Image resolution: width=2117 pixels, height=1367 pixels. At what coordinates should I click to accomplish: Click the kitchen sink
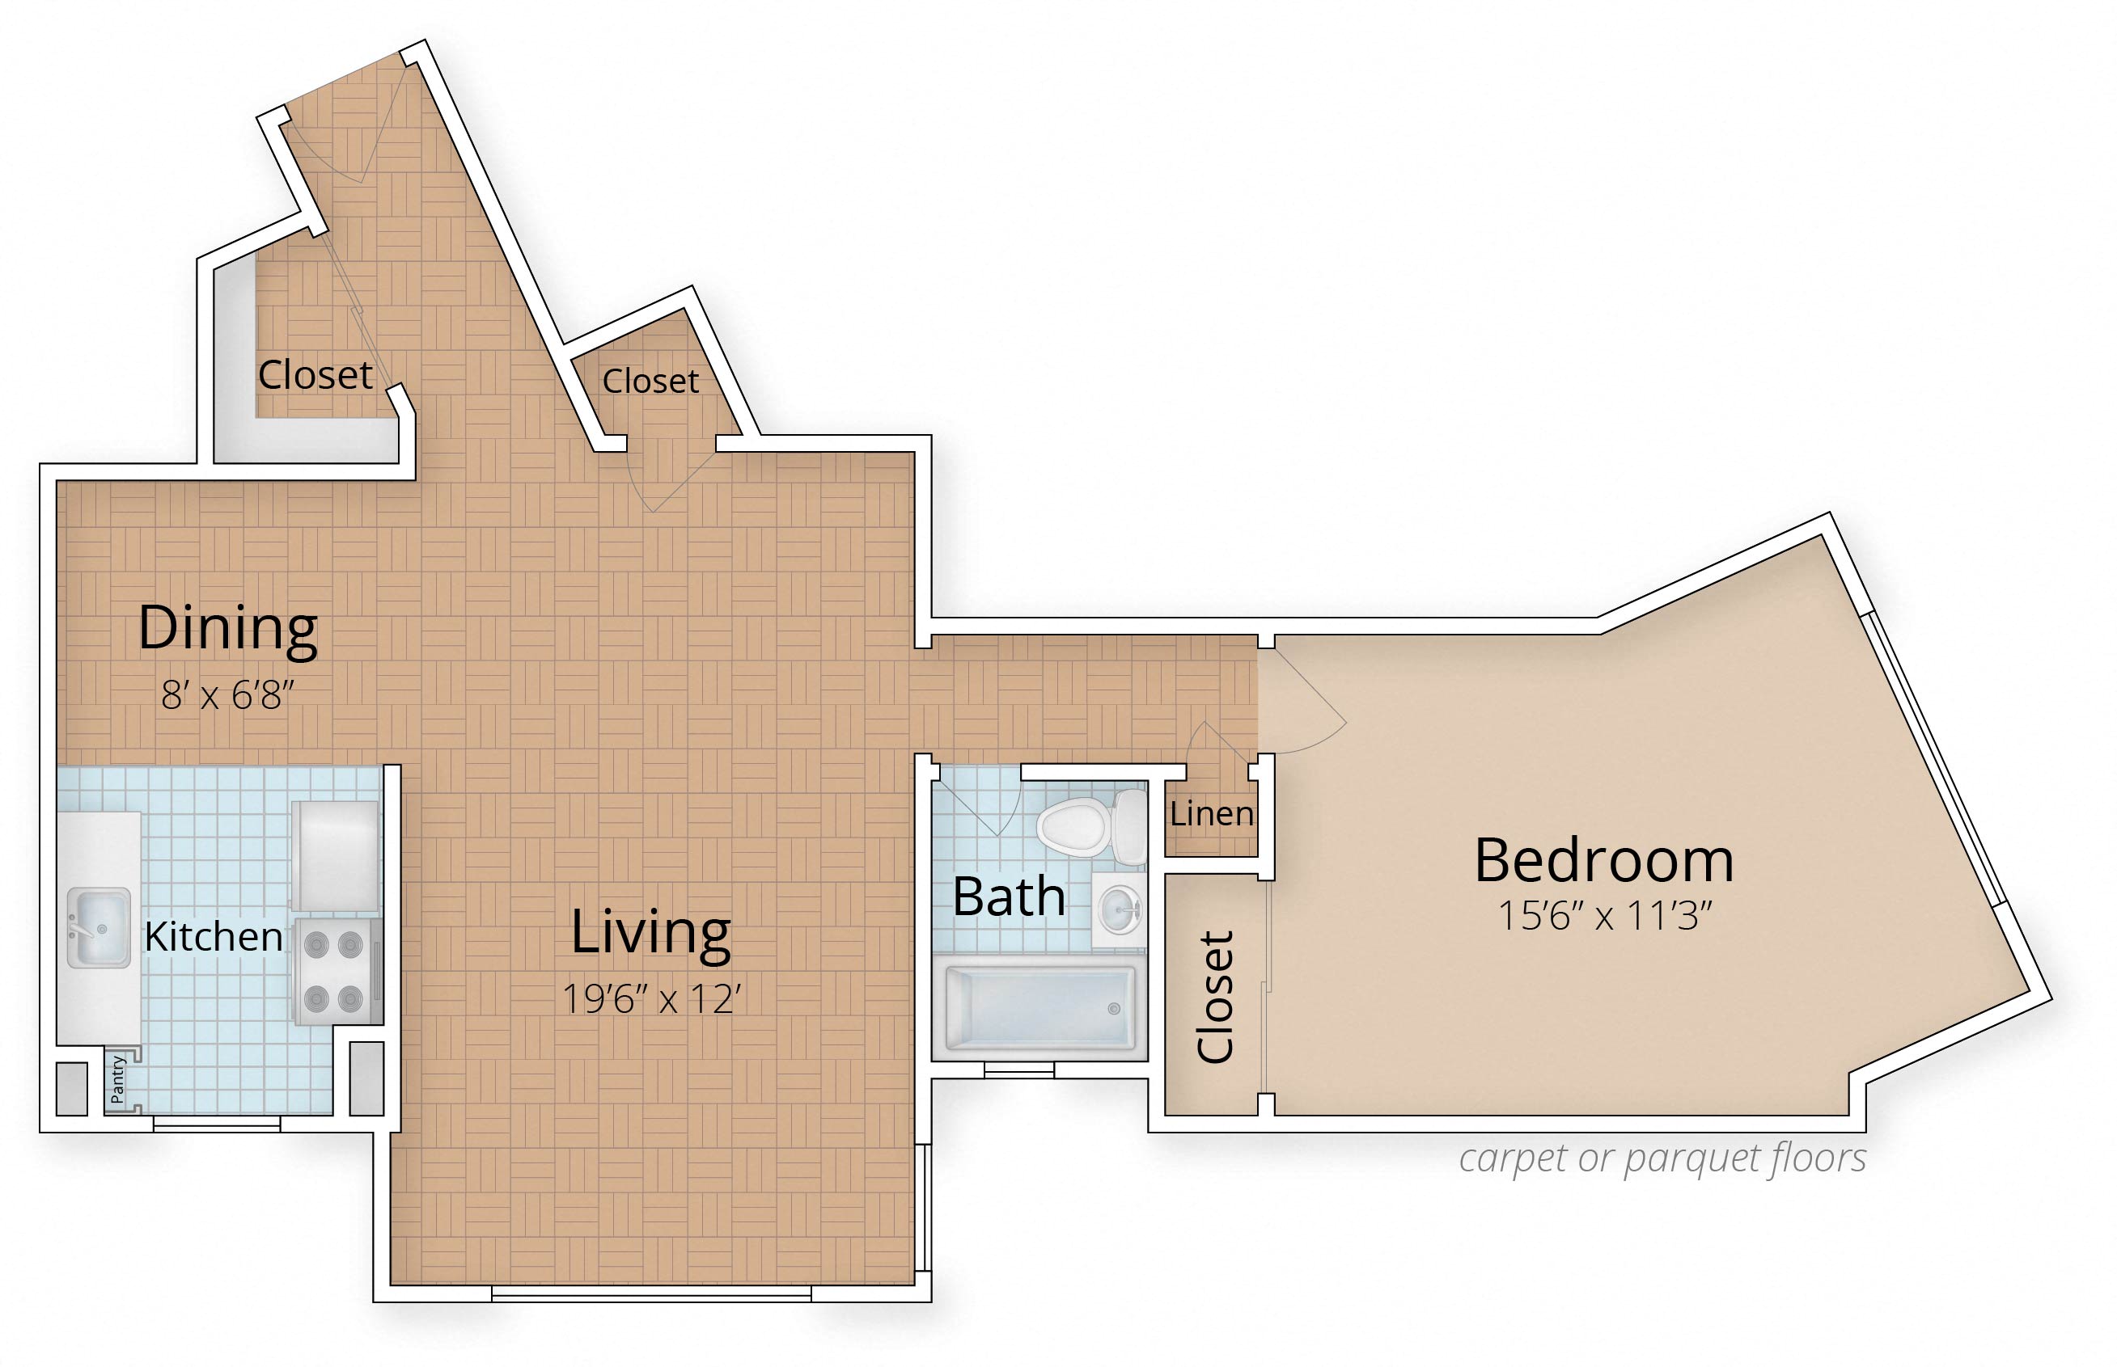click(x=99, y=926)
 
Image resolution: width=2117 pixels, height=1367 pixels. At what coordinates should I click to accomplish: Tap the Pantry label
click(x=118, y=1079)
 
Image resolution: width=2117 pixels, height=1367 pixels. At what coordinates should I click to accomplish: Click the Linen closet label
click(x=1211, y=813)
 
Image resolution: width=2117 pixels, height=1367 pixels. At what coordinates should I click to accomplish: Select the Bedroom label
click(x=1604, y=860)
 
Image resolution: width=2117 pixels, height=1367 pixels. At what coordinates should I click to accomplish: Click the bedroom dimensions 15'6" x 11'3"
click(x=1605, y=915)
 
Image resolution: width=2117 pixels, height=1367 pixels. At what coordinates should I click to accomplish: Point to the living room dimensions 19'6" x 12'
click(x=652, y=999)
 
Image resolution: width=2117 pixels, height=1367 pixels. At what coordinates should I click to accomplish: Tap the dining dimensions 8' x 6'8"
click(x=227, y=695)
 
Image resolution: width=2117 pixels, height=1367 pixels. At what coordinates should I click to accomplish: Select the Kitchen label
click(x=213, y=936)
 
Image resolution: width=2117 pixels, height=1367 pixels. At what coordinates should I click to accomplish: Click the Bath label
click(x=1009, y=897)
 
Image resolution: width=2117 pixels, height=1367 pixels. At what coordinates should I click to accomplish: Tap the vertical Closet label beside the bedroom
click(x=1216, y=996)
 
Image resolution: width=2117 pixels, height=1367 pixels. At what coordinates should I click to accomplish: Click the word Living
click(x=651, y=933)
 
